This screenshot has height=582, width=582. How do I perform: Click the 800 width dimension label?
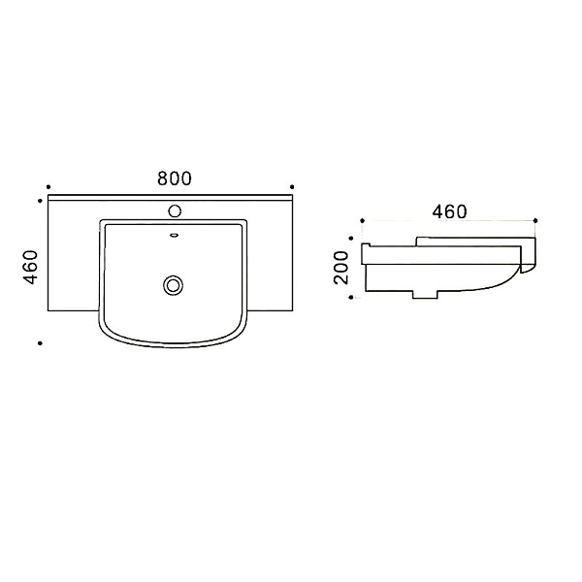174,178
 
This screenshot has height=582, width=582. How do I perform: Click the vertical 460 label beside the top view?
30,268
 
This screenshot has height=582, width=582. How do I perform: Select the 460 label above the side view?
449,211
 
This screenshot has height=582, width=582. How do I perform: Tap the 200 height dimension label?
341,268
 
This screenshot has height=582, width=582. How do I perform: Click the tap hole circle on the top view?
175,211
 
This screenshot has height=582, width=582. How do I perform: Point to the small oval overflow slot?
175,235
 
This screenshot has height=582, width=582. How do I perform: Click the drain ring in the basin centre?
173,285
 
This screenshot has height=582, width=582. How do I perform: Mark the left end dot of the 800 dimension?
48,186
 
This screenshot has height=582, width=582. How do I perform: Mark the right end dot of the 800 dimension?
292,186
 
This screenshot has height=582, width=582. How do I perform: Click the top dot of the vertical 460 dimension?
40,201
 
